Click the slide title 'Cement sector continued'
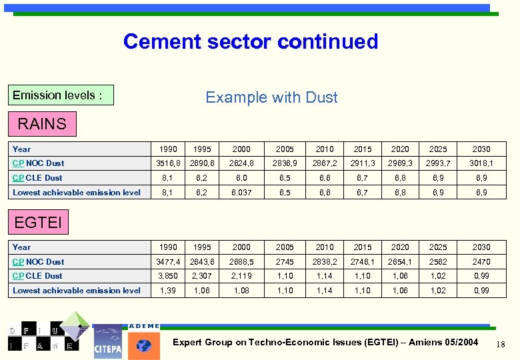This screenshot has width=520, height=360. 251,42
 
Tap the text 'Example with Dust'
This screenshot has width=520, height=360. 271,97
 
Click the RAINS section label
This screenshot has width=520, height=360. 42,124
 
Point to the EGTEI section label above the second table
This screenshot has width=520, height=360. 38,222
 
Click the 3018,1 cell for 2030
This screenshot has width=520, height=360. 481,163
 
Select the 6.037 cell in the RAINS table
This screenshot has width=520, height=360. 241,193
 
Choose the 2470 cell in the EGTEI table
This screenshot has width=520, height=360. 481,262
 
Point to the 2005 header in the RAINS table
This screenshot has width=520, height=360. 285,149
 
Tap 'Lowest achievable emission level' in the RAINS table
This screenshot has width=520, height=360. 77,193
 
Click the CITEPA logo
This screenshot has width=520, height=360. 108,341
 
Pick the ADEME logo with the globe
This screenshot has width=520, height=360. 143,341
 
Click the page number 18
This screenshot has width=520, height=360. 501,343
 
